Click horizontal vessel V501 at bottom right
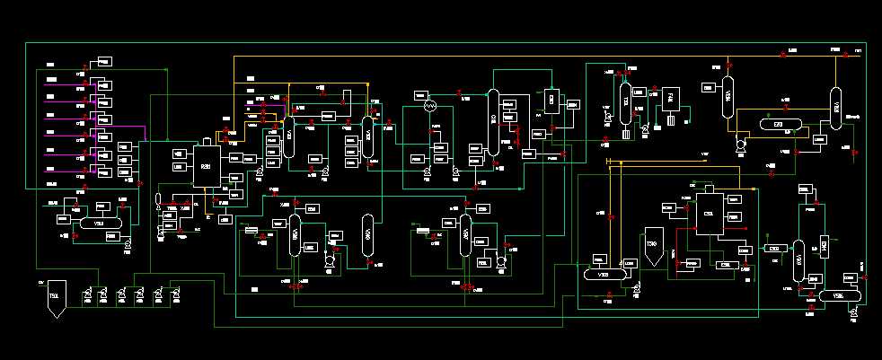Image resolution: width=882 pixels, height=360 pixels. (x=838, y=295)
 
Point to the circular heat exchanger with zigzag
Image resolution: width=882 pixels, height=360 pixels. (x=429, y=106)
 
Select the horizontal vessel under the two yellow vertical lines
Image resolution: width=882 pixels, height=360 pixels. (x=600, y=275)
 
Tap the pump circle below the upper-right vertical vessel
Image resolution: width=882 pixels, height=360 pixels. (x=742, y=144)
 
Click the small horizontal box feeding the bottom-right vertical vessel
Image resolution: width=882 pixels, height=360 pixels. (x=772, y=248)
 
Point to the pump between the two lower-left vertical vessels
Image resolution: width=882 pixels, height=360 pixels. (x=330, y=259)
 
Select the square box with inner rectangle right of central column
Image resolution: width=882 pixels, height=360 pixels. (x=551, y=99)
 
